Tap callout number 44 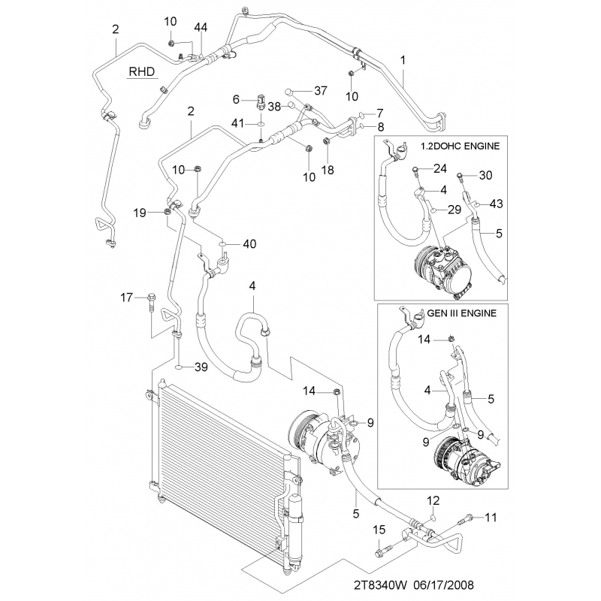click(x=201, y=28)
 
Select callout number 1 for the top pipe click(x=403, y=59)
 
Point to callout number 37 click(x=321, y=91)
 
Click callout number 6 click(x=236, y=99)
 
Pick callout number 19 click(x=140, y=213)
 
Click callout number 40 click(x=249, y=243)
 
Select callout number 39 click(x=201, y=367)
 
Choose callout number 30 click(x=485, y=176)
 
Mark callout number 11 click(x=491, y=517)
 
